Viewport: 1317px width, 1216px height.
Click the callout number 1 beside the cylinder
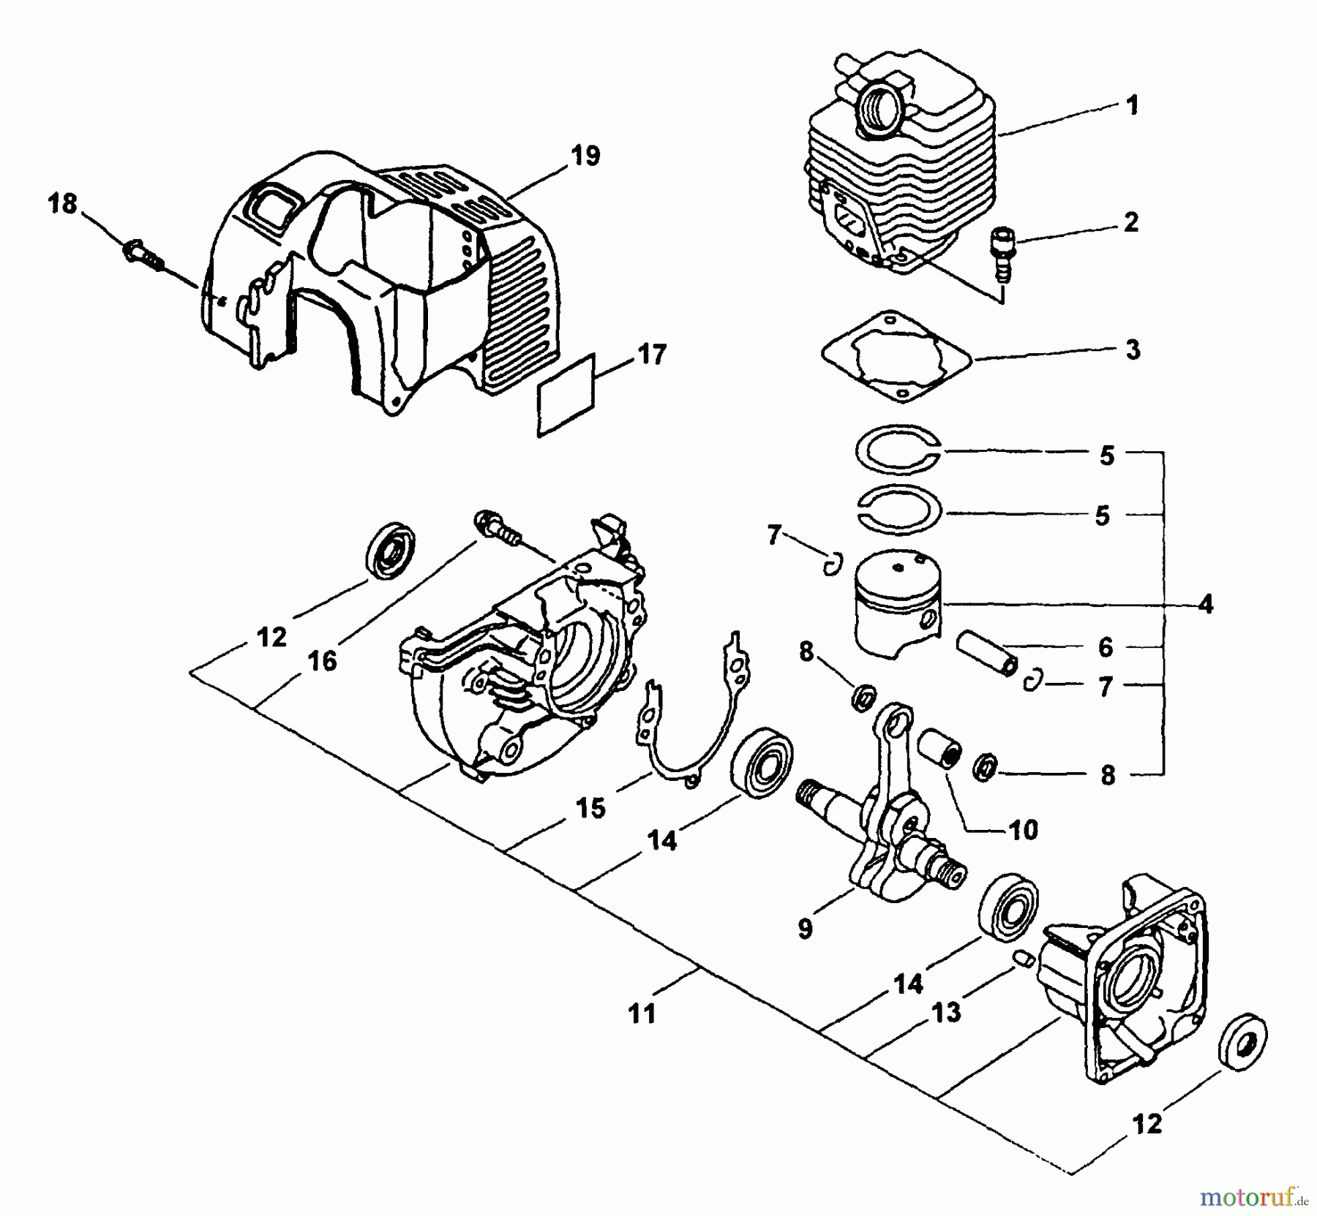tap(1132, 106)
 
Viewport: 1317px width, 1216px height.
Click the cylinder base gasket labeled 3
tap(894, 358)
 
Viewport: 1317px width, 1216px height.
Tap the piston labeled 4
tap(897, 601)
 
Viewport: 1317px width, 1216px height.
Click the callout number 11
tap(642, 1013)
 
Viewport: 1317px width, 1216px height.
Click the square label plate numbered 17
tap(567, 395)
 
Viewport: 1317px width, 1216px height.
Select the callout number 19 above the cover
tap(586, 156)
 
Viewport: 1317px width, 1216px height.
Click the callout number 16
tap(322, 661)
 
